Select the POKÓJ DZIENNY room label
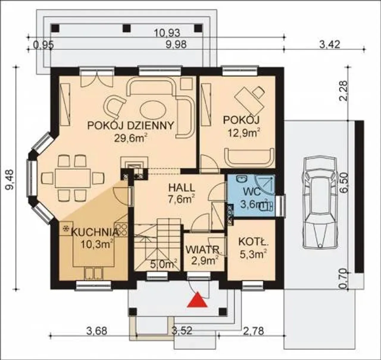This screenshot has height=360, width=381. pos(130,126)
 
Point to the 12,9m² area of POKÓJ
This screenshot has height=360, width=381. pos(244,133)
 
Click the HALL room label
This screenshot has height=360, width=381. pos(182,188)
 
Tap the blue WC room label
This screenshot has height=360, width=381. pos(252,192)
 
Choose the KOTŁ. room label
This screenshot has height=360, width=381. pos(253,242)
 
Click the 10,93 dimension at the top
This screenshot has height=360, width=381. pos(168,33)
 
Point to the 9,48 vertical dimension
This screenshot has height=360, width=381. pos(10,180)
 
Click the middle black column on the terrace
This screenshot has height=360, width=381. pos(127,28)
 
